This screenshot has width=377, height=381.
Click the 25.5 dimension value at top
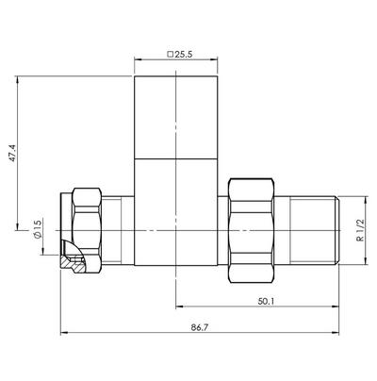tap(184, 55)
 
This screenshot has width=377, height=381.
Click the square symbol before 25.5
tap(170, 55)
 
